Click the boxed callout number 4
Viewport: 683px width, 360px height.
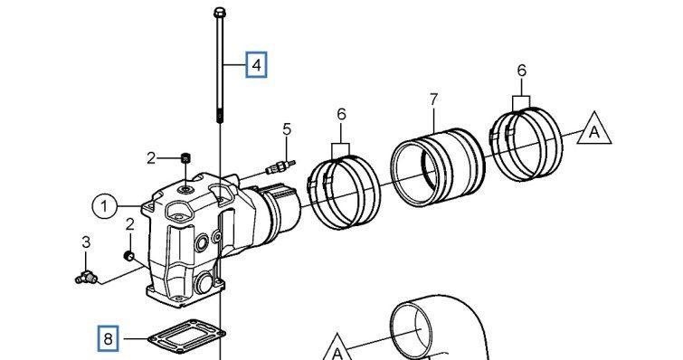tap(256, 65)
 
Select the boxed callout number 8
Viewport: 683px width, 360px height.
tap(108, 338)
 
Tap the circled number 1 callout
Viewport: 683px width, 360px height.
tap(104, 206)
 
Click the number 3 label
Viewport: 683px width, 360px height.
tap(86, 242)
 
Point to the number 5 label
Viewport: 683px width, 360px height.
tap(287, 129)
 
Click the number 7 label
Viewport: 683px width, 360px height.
tap(433, 99)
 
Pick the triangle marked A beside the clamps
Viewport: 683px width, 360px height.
tap(594, 130)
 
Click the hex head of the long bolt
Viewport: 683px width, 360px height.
tap(219, 12)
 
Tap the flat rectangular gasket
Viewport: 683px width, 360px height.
tap(186, 336)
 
